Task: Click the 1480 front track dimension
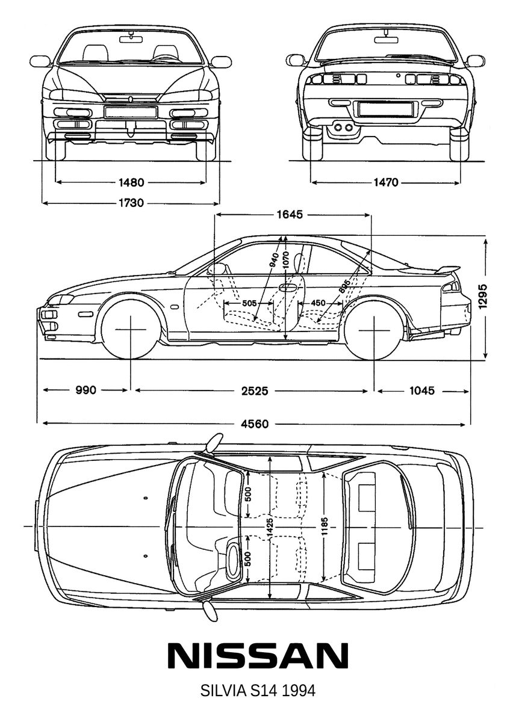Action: click(x=131, y=182)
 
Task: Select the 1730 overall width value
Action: click(x=131, y=203)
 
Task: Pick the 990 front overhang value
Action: click(x=85, y=391)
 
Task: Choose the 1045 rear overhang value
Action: click(x=422, y=391)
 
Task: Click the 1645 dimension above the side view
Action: click(x=290, y=215)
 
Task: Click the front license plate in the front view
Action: click(x=131, y=112)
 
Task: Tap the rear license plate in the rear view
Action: click(x=385, y=109)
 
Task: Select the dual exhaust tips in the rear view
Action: click(x=343, y=127)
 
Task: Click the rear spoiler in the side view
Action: click(x=449, y=269)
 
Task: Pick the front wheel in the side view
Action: click(x=130, y=330)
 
